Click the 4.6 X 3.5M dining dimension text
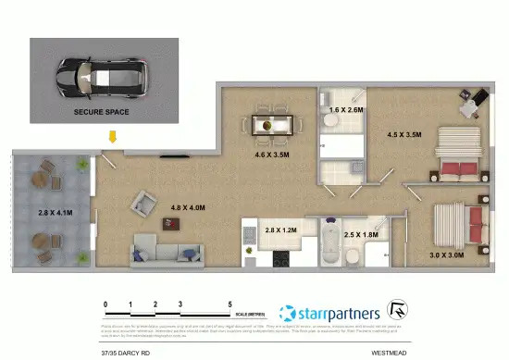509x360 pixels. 272,155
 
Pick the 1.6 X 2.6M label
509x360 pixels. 346,110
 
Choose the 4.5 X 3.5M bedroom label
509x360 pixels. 403,134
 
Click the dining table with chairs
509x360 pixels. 274,123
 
